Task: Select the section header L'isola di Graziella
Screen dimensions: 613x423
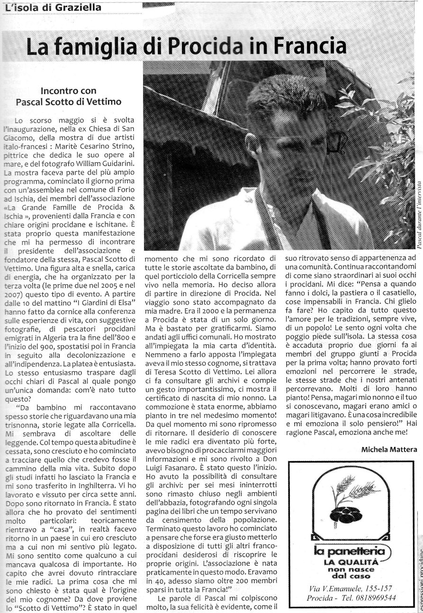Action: [x=38, y=8]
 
